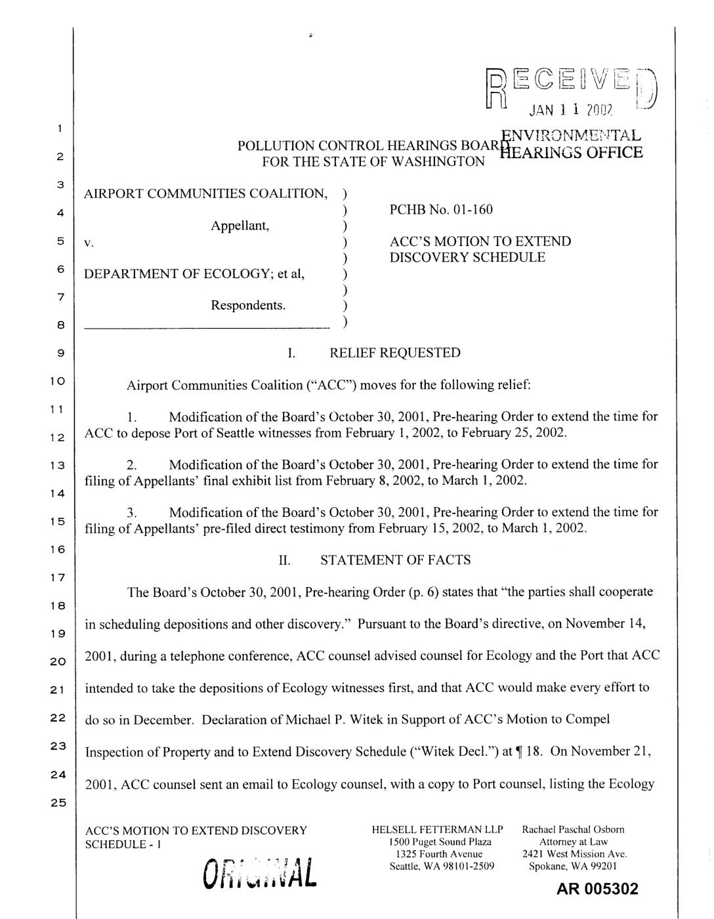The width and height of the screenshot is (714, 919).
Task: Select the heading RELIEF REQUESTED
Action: [x=394, y=353]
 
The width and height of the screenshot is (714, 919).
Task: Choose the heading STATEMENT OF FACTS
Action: [x=395, y=560]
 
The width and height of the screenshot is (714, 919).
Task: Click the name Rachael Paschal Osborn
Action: [x=573, y=830]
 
